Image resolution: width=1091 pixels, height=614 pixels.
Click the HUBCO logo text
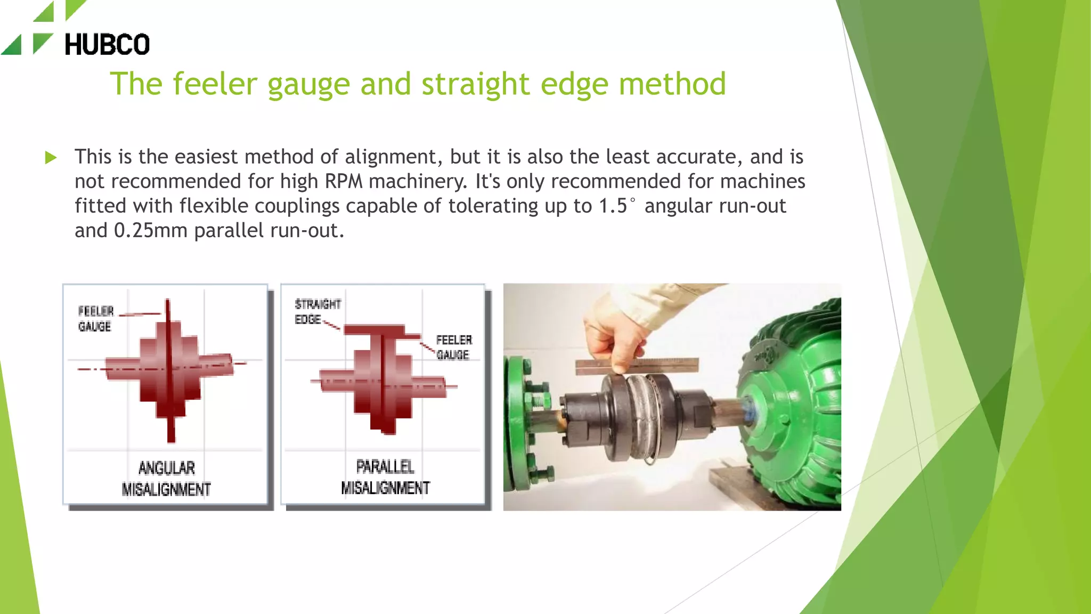107,44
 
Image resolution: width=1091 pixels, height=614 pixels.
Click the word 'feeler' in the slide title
215,84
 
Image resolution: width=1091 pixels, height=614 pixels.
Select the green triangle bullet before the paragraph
51,157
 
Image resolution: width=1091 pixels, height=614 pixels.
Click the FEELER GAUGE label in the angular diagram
95,319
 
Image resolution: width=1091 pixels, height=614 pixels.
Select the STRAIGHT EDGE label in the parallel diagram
317,312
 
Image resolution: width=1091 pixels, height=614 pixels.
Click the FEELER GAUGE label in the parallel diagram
453,347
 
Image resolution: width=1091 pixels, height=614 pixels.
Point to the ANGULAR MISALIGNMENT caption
166,479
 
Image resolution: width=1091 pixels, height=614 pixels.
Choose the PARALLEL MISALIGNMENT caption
385,477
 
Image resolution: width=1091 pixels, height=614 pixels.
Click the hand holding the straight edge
618,336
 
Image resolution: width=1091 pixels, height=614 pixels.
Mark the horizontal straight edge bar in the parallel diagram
381,331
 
